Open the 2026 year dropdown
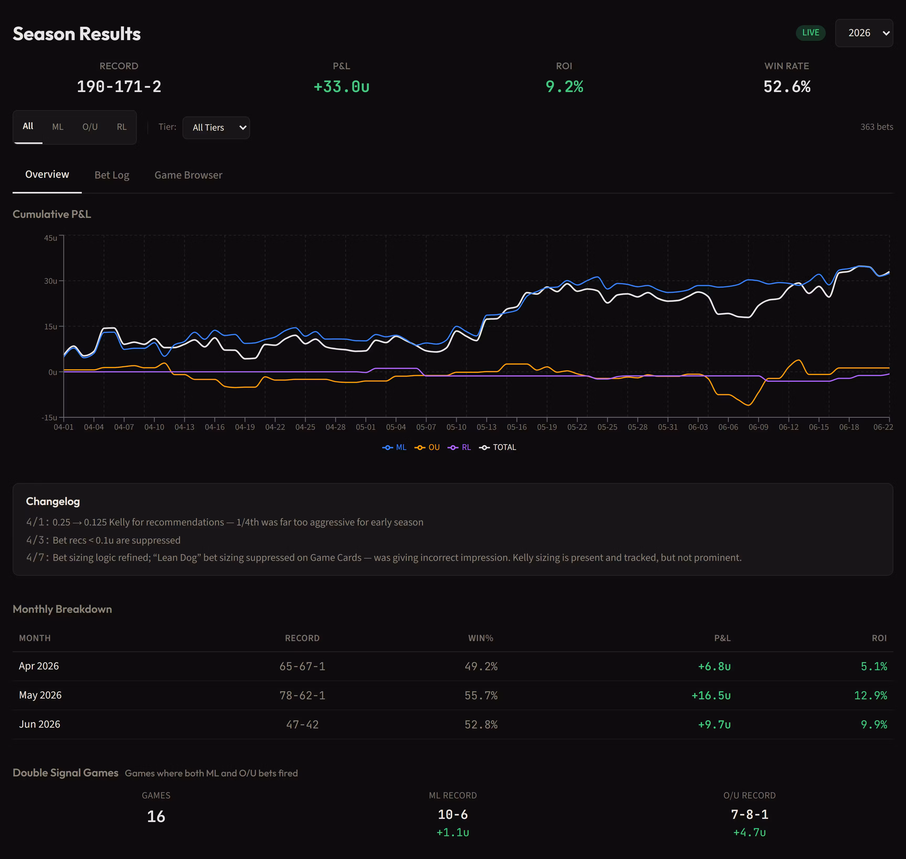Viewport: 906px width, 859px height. [x=864, y=33]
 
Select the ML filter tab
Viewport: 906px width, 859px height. [x=58, y=127]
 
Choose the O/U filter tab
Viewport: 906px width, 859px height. [x=90, y=127]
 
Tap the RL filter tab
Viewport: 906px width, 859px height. [x=121, y=127]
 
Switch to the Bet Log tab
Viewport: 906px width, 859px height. [x=112, y=175]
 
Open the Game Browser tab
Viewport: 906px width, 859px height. [x=188, y=175]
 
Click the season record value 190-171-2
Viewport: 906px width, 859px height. [x=119, y=87]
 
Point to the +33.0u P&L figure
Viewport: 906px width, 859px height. [x=342, y=87]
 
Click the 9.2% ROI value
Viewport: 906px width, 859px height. [x=564, y=87]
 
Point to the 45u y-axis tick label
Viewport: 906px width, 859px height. [x=50, y=238]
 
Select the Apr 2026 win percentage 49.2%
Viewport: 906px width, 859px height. [x=481, y=666]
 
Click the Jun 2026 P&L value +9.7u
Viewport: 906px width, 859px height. [x=714, y=725]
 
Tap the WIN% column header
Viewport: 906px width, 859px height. [x=481, y=638]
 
